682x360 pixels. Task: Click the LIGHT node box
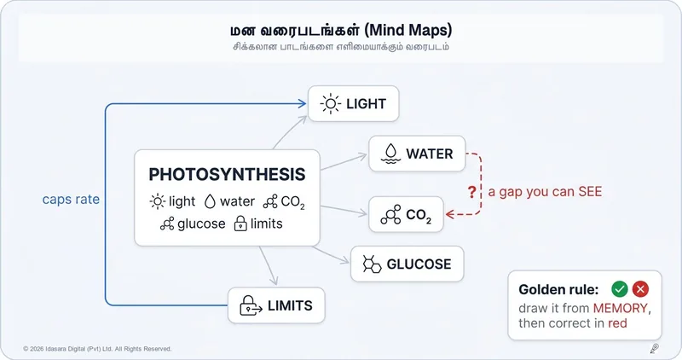click(353, 103)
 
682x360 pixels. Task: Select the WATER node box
click(417, 154)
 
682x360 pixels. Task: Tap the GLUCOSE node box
click(407, 264)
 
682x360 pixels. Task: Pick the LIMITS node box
click(276, 305)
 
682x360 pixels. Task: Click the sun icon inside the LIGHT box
click(331, 103)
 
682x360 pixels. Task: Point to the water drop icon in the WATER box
click(390, 154)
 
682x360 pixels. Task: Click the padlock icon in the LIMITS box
click(251, 305)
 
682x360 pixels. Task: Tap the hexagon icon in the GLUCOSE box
click(372, 264)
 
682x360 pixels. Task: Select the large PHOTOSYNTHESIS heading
click(227, 174)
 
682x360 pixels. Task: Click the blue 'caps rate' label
click(71, 199)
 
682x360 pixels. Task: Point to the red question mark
click(472, 192)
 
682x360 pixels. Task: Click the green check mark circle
click(620, 288)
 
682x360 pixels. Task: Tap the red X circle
click(640, 288)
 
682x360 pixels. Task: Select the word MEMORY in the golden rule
click(621, 308)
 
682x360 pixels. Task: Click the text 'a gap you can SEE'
click(545, 192)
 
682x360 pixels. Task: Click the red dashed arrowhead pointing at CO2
click(450, 214)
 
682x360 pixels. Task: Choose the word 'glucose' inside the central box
click(201, 224)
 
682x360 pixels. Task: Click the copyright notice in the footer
click(97, 349)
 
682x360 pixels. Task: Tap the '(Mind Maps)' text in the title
click(408, 30)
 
